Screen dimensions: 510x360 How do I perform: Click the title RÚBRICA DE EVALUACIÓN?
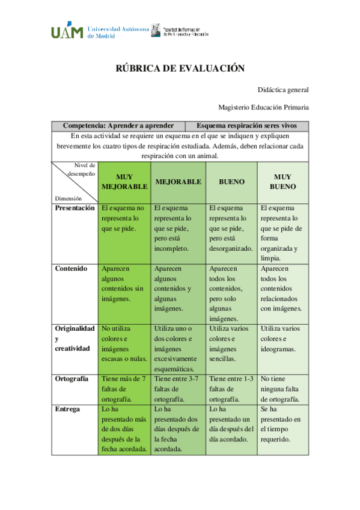click(180, 69)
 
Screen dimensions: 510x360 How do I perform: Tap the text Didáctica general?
click(283, 90)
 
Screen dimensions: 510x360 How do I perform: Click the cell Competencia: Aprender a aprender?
click(118, 126)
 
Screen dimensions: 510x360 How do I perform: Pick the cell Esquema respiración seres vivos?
click(252, 126)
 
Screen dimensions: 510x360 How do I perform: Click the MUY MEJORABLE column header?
click(124, 182)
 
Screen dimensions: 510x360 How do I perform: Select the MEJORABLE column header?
click(178, 182)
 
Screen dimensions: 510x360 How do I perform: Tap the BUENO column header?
click(231, 182)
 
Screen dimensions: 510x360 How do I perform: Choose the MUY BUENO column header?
click(282, 182)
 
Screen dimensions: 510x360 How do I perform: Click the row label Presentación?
click(75, 208)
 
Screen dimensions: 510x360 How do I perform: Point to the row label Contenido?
click(71, 269)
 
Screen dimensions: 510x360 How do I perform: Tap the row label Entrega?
click(67, 409)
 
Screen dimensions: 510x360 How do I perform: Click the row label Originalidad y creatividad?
click(75, 339)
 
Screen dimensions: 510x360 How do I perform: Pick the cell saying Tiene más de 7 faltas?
click(124, 389)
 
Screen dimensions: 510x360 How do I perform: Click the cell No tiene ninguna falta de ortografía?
click(283, 389)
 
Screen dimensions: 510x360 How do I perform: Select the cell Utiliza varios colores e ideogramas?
click(283, 339)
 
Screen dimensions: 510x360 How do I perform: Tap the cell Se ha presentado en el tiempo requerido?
click(283, 424)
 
